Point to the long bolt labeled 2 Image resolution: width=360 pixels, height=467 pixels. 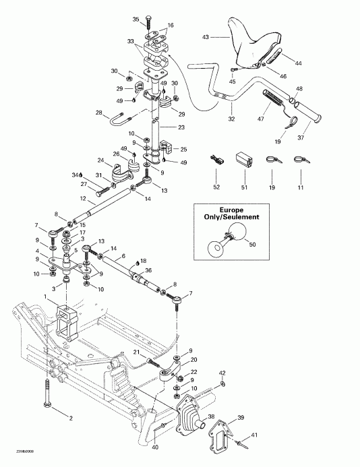(x=47, y=394)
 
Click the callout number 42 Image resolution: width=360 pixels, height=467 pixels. (x=222, y=372)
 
